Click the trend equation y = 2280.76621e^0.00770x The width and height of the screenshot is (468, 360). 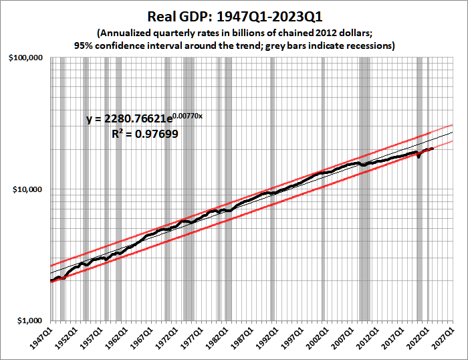tap(144, 119)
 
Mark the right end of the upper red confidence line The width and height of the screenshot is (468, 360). tap(453, 125)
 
